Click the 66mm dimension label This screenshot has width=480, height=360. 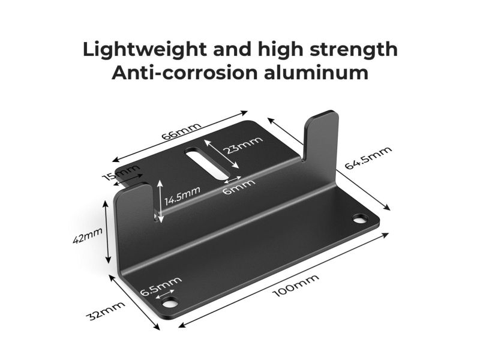tap(181, 131)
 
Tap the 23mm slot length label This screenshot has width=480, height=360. tap(243, 145)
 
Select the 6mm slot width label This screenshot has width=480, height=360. tap(239, 187)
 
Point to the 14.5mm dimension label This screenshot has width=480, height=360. tap(182, 196)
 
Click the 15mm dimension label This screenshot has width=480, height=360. tap(121, 173)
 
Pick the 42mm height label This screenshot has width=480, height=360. tap(88, 235)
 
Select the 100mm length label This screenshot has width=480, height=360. tap(296, 286)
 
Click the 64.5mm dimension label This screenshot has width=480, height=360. tap(368, 158)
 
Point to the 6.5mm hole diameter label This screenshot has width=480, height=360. tap(161, 286)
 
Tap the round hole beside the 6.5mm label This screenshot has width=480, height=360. tap(170, 303)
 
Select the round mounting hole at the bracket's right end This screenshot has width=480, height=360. tap(361, 219)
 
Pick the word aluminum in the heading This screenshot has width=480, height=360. tap(316, 73)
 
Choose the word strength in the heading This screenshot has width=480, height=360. tap(354, 50)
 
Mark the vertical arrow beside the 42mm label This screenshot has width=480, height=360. tap(107, 232)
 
